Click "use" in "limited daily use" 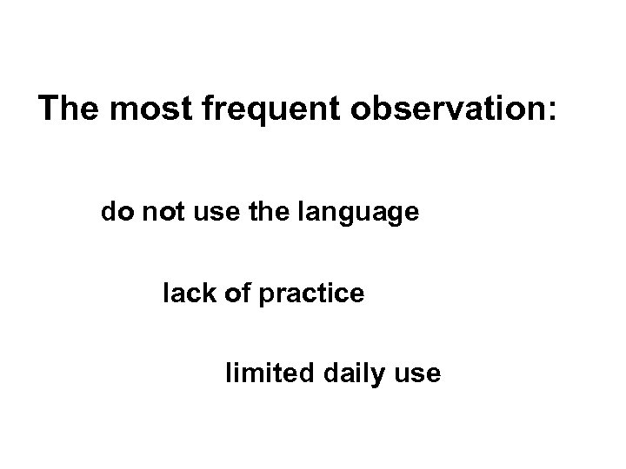pyautogui.click(x=421, y=376)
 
